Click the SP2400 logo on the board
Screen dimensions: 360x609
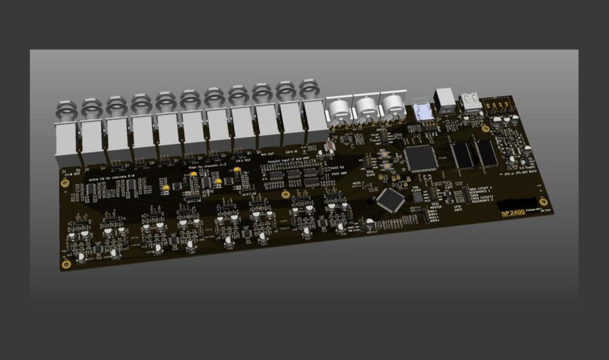(x=513, y=213)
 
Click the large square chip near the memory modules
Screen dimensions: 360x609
(x=421, y=158)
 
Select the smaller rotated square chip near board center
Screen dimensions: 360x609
(x=390, y=199)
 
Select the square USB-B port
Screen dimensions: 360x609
(x=444, y=102)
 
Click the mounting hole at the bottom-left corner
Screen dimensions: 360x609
(x=66, y=264)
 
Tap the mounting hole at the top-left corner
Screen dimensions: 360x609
(x=64, y=182)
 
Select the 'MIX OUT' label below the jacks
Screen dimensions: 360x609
(x=266, y=154)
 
